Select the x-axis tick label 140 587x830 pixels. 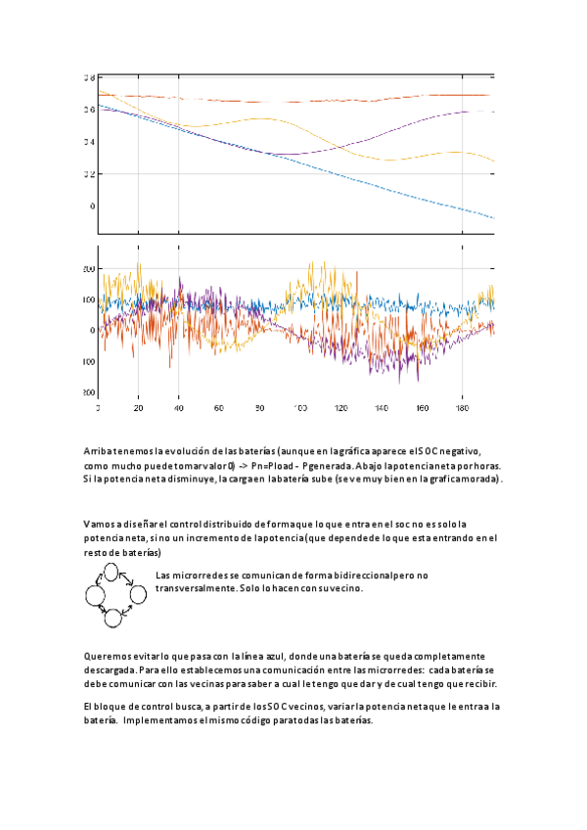tap(382, 408)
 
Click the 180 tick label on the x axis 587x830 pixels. tap(463, 408)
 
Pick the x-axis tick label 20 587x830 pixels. tap(138, 408)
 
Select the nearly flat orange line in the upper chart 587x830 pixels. tap(293, 100)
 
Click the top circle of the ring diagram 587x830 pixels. tap(112, 573)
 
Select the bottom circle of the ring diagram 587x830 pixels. tap(112, 616)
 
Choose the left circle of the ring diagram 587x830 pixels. tap(95, 594)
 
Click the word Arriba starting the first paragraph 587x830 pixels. tap(98, 451)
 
